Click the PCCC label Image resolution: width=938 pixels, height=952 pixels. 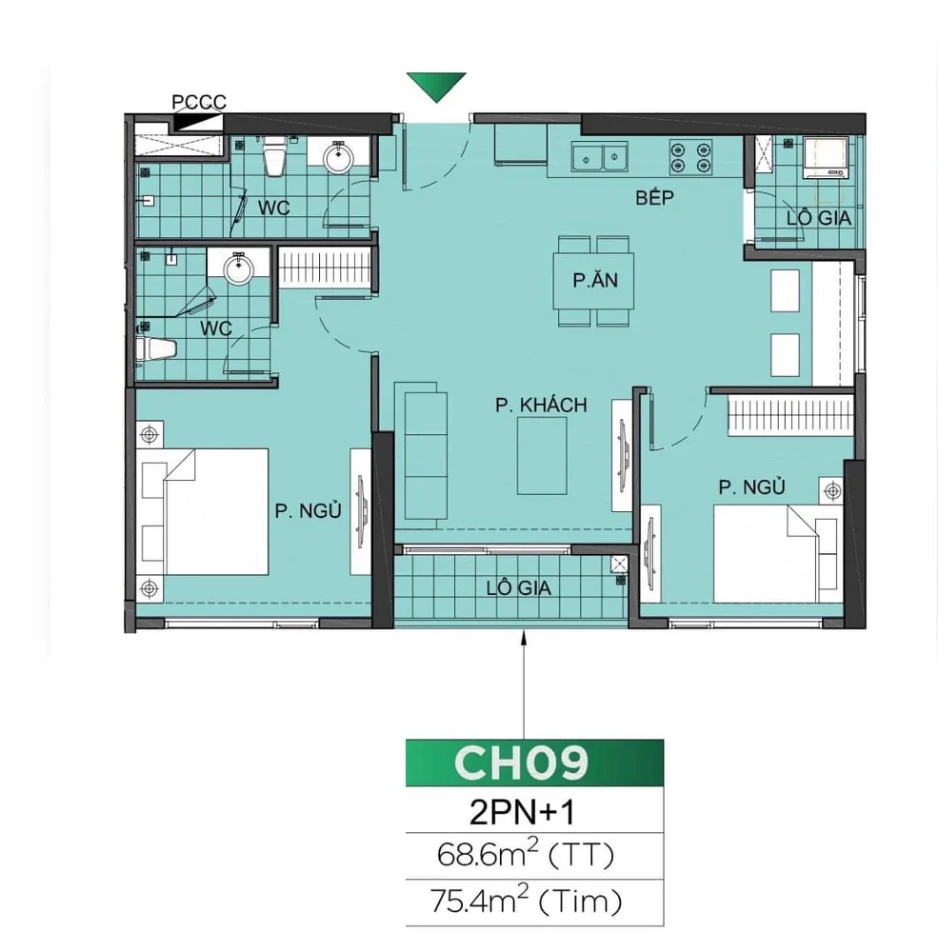tap(198, 102)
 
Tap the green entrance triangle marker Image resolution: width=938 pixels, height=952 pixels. tap(435, 86)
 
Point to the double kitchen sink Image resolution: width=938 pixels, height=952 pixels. tap(599, 155)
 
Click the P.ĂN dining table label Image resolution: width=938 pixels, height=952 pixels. tap(592, 282)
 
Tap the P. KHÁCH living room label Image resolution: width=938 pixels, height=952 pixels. tap(541, 406)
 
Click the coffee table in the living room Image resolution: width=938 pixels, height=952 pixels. tap(544, 455)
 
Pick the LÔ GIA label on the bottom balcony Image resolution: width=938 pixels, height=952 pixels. tap(519, 587)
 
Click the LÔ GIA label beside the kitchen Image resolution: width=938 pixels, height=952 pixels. tap(819, 218)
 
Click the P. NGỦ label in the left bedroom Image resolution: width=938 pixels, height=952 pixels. tap(309, 510)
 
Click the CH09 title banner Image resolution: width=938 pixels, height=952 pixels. tap(520, 762)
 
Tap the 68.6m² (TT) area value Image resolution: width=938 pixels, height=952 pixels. tap(520, 854)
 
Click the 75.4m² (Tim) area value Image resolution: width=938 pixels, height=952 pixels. tap(520, 898)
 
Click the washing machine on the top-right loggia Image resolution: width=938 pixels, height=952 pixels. tap(825, 158)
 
